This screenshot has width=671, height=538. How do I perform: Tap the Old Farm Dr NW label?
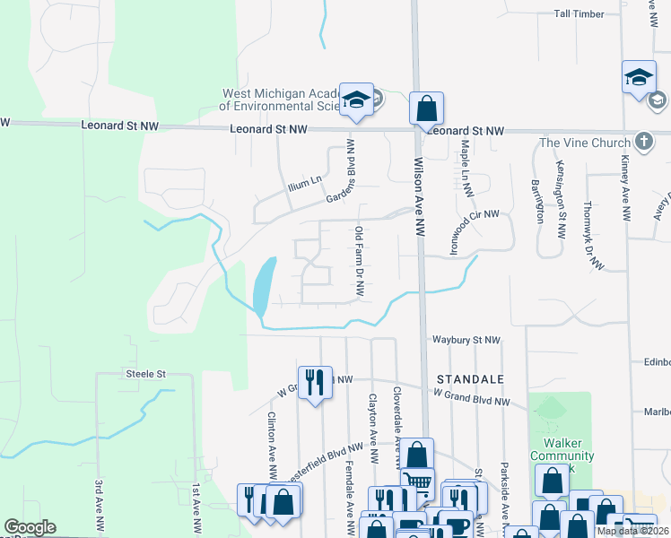click(x=359, y=261)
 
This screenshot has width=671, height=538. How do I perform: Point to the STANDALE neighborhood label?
click(x=471, y=379)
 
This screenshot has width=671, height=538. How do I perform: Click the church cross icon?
click(x=643, y=142)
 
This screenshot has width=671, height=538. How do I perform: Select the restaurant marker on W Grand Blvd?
click(x=315, y=382)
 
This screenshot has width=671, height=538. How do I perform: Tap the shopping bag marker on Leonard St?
click(x=427, y=108)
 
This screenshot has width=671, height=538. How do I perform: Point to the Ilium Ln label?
click(x=303, y=186)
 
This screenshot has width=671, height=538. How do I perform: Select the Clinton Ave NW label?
click(x=272, y=445)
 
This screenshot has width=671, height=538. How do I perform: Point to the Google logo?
click(x=30, y=527)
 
